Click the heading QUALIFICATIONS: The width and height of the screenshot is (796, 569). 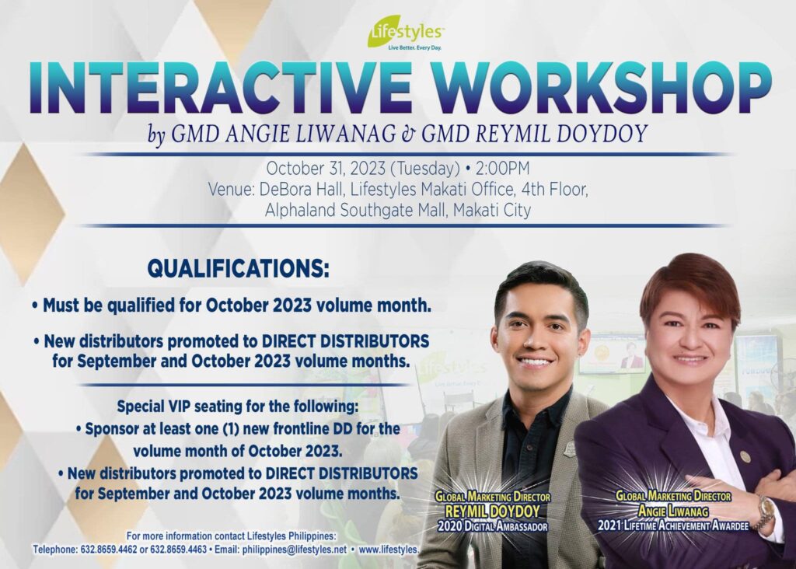click(238, 268)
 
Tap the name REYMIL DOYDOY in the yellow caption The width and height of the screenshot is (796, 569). click(492, 511)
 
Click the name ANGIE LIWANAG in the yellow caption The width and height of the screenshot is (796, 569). click(672, 511)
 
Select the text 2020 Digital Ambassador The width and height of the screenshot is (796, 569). click(492, 526)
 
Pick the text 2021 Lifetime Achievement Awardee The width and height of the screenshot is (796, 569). click(673, 525)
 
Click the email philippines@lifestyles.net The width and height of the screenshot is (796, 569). click(295, 550)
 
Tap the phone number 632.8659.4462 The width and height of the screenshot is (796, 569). click(109, 550)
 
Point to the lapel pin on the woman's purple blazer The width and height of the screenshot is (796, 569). click(745, 456)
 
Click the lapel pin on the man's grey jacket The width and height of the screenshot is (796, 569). click(570, 449)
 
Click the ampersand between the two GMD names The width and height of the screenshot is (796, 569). click(409, 134)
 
